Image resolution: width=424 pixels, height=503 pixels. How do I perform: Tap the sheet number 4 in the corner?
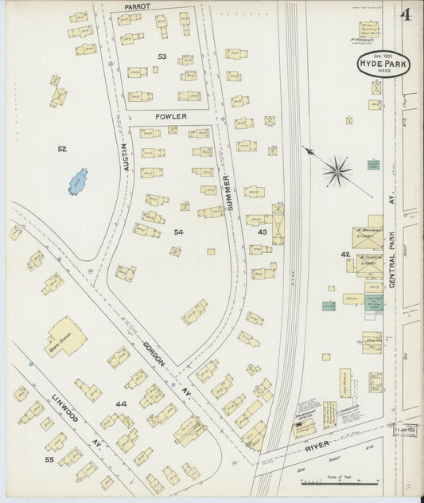(406, 15)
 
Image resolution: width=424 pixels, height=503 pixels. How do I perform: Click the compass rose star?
(337, 170)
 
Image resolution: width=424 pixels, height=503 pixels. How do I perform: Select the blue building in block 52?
(78, 181)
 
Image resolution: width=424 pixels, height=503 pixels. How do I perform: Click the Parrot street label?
(138, 6)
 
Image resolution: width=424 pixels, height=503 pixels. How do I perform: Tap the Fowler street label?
(171, 116)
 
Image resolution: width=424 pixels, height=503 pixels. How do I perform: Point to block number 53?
(162, 57)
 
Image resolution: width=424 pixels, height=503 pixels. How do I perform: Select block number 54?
(178, 232)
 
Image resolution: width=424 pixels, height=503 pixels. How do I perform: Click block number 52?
(62, 149)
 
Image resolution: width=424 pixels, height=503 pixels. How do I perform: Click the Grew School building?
(65, 337)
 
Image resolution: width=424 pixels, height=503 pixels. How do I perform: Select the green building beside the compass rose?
(373, 165)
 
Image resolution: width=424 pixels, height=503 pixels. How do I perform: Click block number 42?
(345, 255)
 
